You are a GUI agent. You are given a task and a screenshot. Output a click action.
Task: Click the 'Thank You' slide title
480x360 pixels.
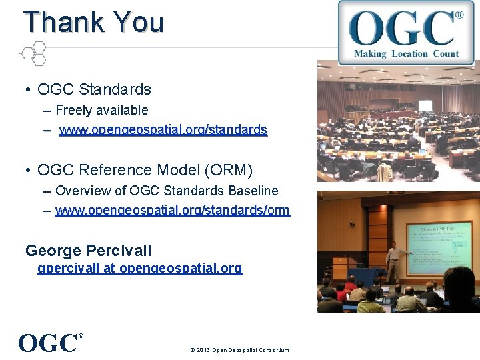pyautogui.click(x=93, y=22)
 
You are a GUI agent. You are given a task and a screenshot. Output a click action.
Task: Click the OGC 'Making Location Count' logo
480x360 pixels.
pyautogui.click(x=401, y=31)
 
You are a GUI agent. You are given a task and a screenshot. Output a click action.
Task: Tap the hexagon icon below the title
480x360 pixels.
pyautogui.click(x=33, y=53)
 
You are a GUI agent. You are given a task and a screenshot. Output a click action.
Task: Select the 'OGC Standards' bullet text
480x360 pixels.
pyautogui.click(x=94, y=89)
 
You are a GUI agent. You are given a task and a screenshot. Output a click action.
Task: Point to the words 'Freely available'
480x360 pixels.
pyautogui.click(x=101, y=110)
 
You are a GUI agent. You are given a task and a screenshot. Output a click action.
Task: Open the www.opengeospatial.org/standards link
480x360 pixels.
pyautogui.click(x=163, y=130)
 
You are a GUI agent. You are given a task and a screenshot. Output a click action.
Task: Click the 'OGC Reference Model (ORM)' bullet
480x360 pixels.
pyautogui.click(x=145, y=171)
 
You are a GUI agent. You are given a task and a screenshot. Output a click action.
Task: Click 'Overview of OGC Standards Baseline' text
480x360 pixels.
pyautogui.click(x=167, y=191)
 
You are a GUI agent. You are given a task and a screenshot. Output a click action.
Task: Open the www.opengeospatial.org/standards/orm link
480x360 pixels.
pyautogui.click(x=173, y=211)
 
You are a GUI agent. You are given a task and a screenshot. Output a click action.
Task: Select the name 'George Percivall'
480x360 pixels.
pyautogui.click(x=88, y=251)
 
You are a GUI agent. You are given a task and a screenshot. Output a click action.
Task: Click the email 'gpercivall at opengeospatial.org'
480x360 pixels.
pyautogui.click(x=140, y=269)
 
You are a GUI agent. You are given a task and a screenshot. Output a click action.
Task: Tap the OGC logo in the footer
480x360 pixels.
pyautogui.click(x=50, y=343)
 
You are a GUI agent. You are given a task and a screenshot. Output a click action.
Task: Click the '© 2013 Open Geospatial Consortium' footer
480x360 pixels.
pyautogui.click(x=239, y=350)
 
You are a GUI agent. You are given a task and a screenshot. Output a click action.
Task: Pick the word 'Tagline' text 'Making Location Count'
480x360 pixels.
pyautogui.click(x=406, y=53)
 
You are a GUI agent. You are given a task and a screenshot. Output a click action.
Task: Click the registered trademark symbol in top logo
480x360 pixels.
pyautogui.click(x=459, y=15)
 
